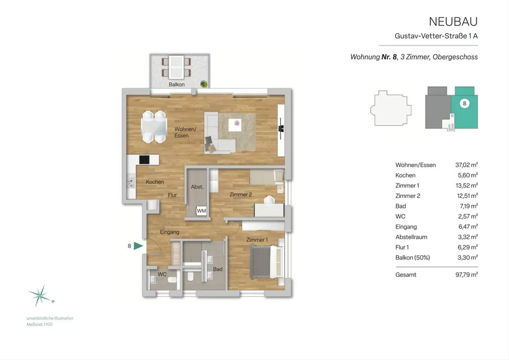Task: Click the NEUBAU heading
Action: point(453,22)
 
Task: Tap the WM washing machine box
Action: point(201,211)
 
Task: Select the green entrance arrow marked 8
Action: point(138,246)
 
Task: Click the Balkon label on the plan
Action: point(176,84)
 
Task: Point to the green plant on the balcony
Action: point(204,84)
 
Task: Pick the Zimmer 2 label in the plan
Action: point(241,195)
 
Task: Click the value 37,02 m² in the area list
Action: point(466,165)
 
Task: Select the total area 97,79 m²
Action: point(466,275)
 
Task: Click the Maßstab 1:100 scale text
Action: point(39,324)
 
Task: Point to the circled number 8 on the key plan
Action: point(464,104)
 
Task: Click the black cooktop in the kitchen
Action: point(144,160)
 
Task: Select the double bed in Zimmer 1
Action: point(266,262)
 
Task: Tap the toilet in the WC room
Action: point(173,279)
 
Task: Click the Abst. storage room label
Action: point(197,187)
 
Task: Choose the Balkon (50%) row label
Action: point(413,258)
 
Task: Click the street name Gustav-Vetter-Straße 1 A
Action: point(436,36)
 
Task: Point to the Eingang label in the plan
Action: point(170,232)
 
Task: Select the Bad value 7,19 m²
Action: point(468,206)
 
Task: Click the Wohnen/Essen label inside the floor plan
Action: point(185,132)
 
